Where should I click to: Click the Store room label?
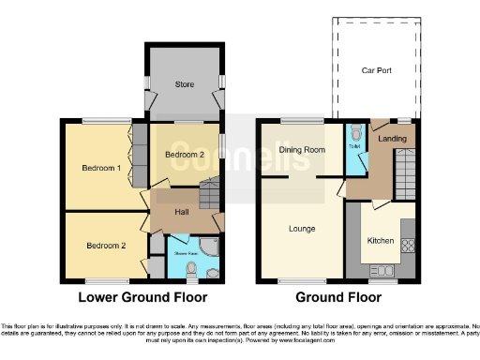[x=184, y=83]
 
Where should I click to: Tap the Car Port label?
[x=377, y=70]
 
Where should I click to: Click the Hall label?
[x=183, y=212]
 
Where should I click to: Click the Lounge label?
[x=302, y=228]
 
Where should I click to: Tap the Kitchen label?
[x=380, y=241]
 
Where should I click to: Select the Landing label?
[x=391, y=140]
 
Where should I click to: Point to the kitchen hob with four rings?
[x=408, y=247]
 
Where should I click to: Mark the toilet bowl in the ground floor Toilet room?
[x=355, y=133]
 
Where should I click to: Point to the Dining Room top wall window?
[x=300, y=120]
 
